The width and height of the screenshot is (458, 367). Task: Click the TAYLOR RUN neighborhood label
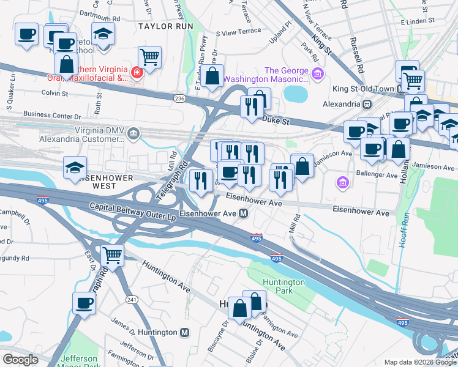click(165, 26)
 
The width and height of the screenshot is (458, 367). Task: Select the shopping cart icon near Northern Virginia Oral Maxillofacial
click(149, 58)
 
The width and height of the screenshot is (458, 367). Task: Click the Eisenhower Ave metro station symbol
click(244, 213)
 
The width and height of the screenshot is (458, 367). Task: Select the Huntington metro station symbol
click(185, 332)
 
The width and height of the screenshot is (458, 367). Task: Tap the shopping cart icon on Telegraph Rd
click(112, 255)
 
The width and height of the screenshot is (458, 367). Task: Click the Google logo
click(20, 359)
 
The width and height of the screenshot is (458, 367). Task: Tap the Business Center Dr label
click(52, 114)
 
